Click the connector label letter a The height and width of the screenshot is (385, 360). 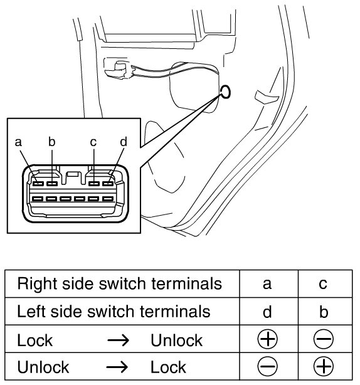coord(18,142)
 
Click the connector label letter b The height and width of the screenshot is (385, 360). coord(52,142)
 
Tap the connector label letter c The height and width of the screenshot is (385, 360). coord(93,142)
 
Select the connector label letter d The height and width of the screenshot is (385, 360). coord(124,142)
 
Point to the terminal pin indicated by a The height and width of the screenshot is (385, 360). coord(38,184)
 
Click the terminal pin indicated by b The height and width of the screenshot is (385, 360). coord(52,184)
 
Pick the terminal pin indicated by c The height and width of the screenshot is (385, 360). coord(94,184)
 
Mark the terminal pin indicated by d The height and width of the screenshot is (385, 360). coord(108,184)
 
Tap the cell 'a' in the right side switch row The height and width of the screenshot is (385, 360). coord(267,284)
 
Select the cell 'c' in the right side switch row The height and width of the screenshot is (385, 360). coord(323,284)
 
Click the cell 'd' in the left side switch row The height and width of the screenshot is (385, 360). coord(267,312)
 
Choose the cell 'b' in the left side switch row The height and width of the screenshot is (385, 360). coord(324,312)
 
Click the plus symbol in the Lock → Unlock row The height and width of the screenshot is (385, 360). coord(267,339)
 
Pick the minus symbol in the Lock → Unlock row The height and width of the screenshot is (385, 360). coord(324,339)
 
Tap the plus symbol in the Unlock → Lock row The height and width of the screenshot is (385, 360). coord(324,367)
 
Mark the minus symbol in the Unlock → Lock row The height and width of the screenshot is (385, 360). coord(267,367)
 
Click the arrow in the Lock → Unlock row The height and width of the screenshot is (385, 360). coord(119,340)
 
